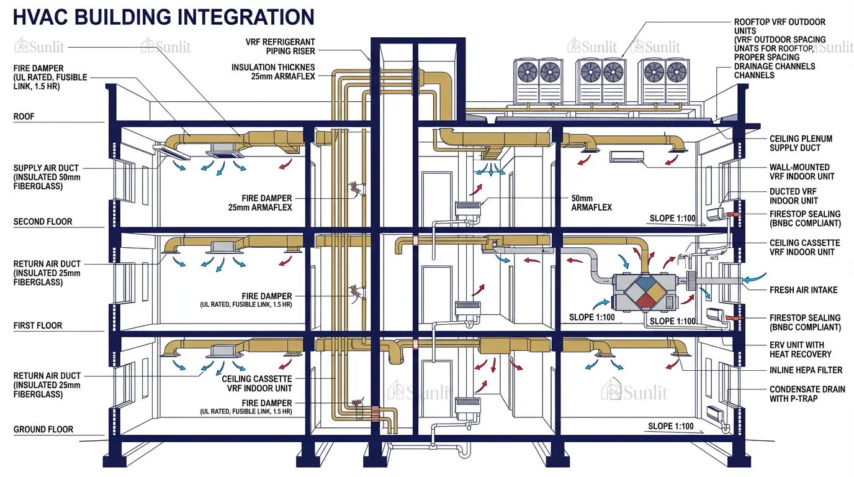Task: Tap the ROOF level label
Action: click(x=24, y=116)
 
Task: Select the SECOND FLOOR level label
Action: click(x=43, y=222)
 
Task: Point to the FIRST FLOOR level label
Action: click(x=38, y=325)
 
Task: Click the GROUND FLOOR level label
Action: click(x=43, y=429)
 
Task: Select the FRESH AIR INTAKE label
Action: click(x=803, y=290)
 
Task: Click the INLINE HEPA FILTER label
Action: click(x=806, y=370)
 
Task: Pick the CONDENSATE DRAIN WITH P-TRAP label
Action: click(x=807, y=394)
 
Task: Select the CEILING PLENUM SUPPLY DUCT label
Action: click(x=801, y=143)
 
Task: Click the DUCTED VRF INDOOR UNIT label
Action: click(x=793, y=196)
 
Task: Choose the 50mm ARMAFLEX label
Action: click(x=591, y=202)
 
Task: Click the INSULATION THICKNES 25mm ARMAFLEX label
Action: click(x=273, y=71)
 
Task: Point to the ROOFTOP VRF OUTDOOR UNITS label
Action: click(x=780, y=26)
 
